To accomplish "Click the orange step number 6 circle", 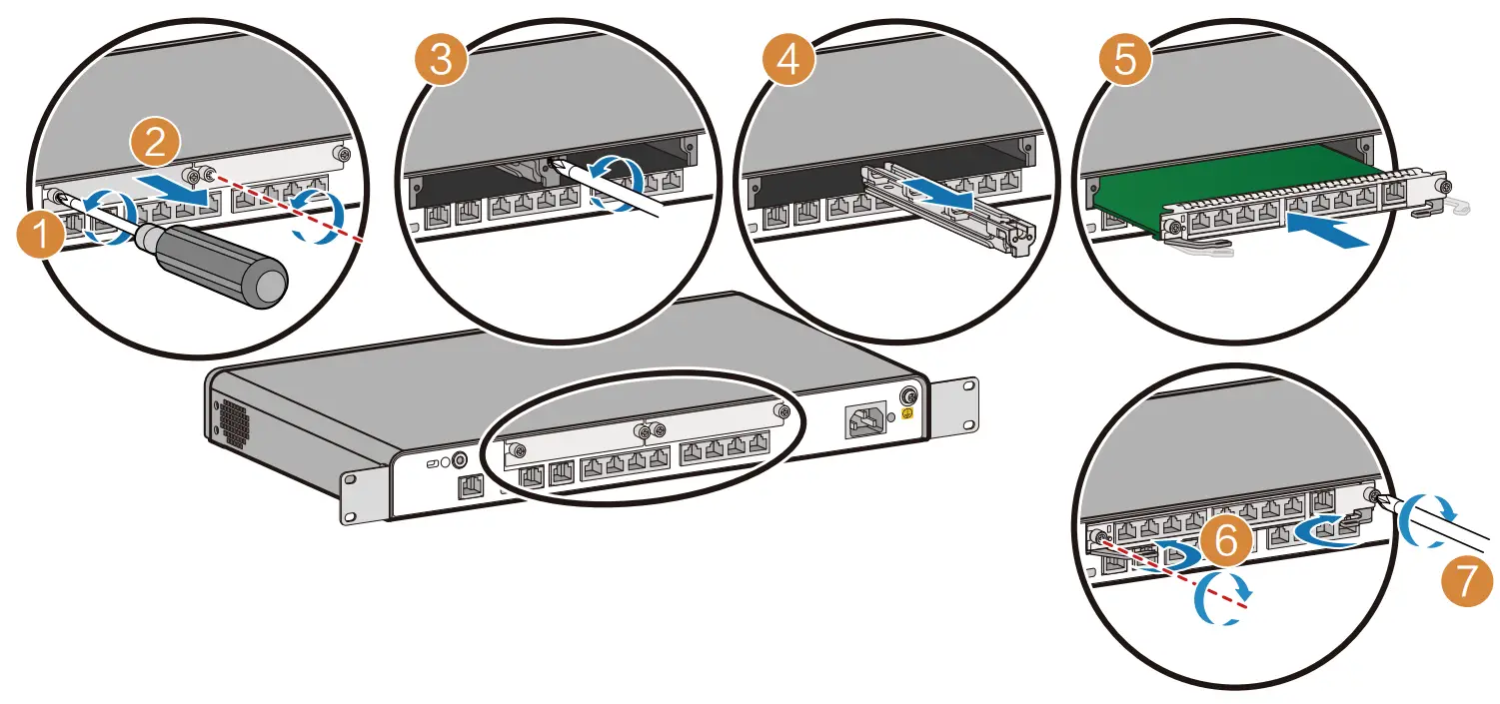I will (x=1225, y=542).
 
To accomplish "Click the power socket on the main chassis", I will (x=865, y=423).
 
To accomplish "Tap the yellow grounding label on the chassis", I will (x=909, y=411).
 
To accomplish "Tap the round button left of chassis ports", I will (x=461, y=461).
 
